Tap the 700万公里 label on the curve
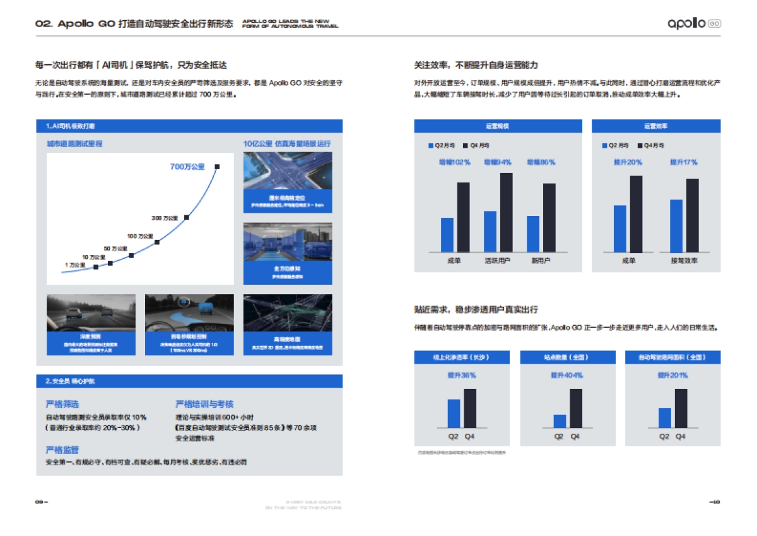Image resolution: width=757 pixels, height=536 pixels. [x=187, y=167]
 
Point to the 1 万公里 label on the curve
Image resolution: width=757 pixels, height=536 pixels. [x=74, y=265]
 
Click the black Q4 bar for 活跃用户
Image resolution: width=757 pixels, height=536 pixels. [x=507, y=212]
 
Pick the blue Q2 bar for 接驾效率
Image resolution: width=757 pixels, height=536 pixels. [x=676, y=226]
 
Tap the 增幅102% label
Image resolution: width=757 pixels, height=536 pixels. [x=455, y=162]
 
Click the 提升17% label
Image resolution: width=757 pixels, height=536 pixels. [x=683, y=162]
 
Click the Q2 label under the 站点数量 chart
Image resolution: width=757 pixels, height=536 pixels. [x=559, y=436]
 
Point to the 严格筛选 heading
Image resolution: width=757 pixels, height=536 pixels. [x=62, y=404]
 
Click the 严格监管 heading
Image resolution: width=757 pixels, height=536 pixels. [x=62, y=450]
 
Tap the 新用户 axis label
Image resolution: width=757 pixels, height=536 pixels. [x=541, y=260]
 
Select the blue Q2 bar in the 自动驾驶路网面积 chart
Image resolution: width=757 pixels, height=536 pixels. [x=664, y=418]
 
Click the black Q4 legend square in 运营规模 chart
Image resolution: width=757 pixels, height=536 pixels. [x=466, y=145]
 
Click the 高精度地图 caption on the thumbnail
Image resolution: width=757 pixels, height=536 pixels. [x=287, y=340]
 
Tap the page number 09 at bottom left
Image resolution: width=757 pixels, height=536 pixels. [x=40, y=502]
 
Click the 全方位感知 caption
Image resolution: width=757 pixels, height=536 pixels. [x=287, y=269]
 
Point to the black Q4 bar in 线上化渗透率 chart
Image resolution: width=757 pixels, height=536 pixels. [x=470, y=408]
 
